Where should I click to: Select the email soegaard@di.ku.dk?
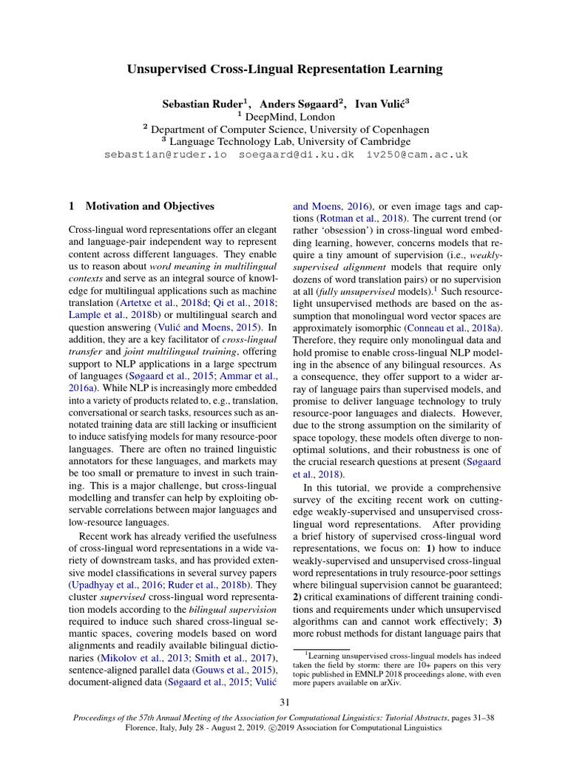pyautogui.click(x=297, y=155)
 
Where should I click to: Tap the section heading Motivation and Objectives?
pyautogui.click(x=150, y=206)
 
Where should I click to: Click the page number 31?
pyautogui.click(x=284, y=702)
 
